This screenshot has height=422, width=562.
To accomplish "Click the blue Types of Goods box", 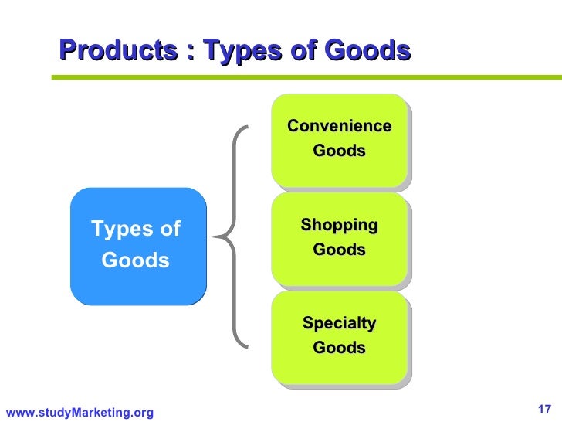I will coord(138,245).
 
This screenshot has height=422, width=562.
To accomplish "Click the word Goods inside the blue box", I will coord(136,260).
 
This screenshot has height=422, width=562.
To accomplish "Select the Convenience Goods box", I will coord(339,140).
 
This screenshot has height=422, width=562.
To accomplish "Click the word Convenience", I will coord(339,127).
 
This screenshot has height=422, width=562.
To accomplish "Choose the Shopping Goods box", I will coord(339,238).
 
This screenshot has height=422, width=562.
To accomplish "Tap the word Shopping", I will coord(339,226).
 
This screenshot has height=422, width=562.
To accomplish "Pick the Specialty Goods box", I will coord(339,336).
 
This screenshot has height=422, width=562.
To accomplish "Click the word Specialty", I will coord(339,323).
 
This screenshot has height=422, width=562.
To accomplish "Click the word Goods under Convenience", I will coord(339,151).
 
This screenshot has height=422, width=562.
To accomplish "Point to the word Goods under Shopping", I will coord(339,250).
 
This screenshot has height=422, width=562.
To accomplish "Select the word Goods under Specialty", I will coord(339,349).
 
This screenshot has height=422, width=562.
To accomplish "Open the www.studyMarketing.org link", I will coord(80,413).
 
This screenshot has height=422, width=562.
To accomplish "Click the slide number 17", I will coord(543,409).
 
